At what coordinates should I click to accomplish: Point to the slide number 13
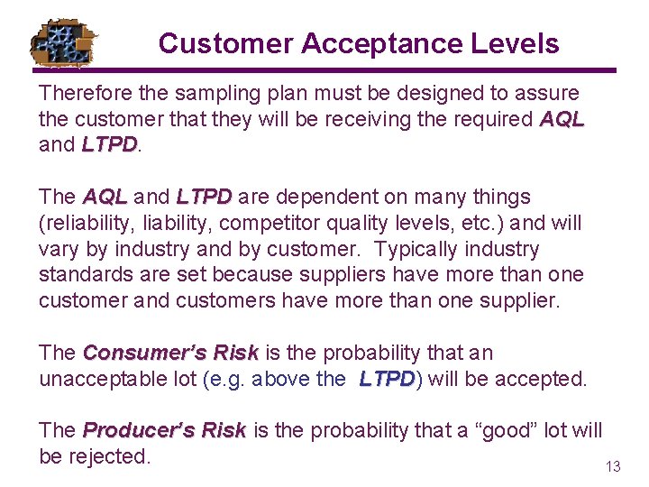613,466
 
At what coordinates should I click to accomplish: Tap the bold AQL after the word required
562,119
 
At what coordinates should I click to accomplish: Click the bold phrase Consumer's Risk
170,353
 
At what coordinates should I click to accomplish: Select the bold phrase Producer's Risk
164,431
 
